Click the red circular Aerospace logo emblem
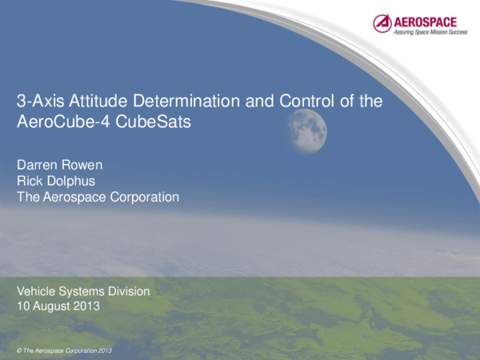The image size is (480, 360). [x=382, y=23]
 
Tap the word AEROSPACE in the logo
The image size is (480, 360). [x=425, y=20]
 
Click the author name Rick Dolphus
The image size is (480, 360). [x=50, y=181]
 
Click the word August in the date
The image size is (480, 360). [x=52, y=306]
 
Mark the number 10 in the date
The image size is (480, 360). [x=23, y=306]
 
